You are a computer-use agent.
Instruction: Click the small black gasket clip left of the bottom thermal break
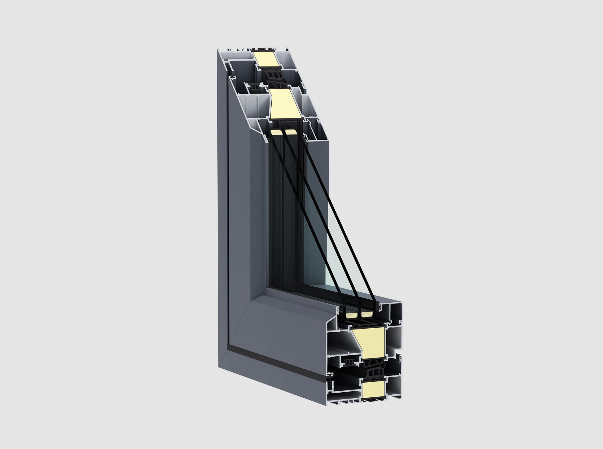point(348,362)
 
